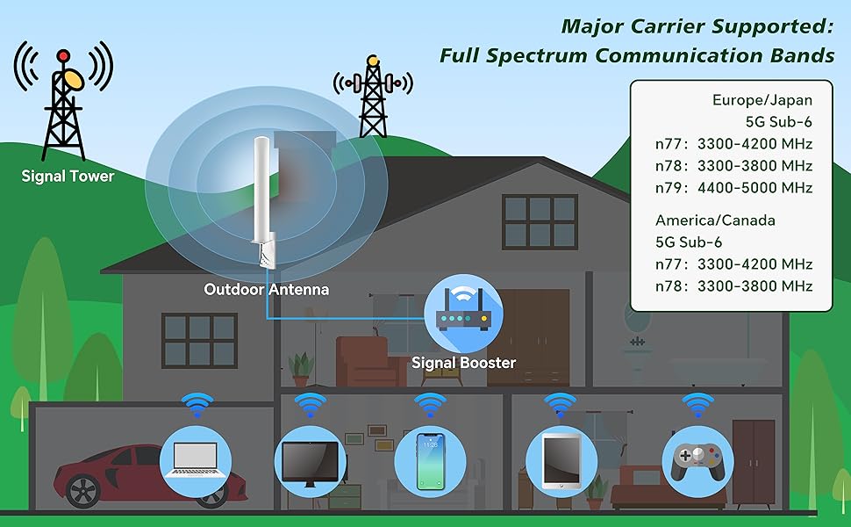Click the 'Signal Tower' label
68,176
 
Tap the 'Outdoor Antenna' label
266,288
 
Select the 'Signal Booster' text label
463,362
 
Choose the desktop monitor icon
309,461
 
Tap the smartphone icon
430,461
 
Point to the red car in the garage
105,475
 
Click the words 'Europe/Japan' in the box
762,100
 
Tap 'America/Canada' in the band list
714,220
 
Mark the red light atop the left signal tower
62,56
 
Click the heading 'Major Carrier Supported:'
697,25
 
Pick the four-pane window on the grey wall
199,339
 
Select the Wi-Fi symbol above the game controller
697,405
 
